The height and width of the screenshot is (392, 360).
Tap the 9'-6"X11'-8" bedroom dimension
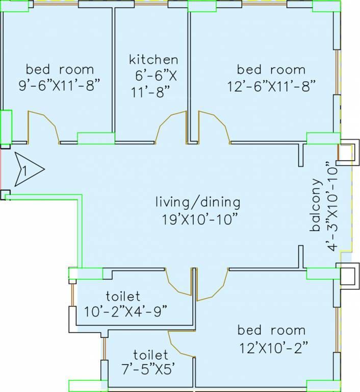pyautogui.click(x=60, y=86)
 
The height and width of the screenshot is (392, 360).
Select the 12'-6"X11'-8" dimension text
pyautogui.click(x=271, y=86)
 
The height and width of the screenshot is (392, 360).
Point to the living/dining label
pyautogui.click(x=198, y=203)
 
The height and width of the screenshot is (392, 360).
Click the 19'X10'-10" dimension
pyautogui.click(x=199, y=219)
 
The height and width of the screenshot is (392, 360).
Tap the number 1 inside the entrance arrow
pyautogui.click(x=24, y=171)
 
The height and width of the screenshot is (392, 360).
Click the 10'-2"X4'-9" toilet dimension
pyautogui.click(x=125, y=312)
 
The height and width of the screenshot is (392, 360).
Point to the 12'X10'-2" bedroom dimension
pyautogui.click(x=274, y=348)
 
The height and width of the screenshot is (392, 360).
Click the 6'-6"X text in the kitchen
pyautogui.click(x=156, y=76)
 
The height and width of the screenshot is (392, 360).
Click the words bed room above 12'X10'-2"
pyautogui.click(x=271, y=330)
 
